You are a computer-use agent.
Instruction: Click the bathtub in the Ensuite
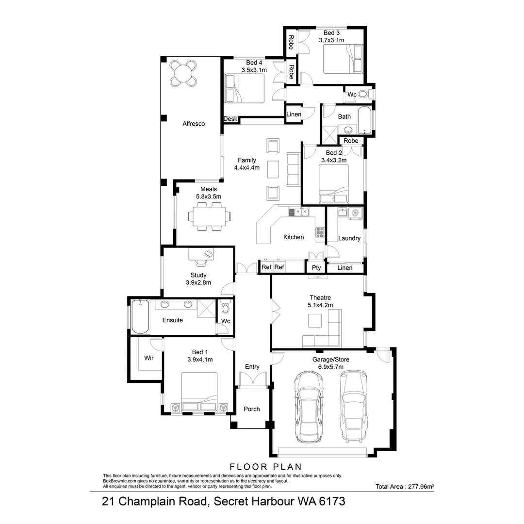coord(140,317)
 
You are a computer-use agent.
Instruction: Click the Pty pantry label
coord(316,267)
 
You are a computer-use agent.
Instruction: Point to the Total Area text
coord(405,486)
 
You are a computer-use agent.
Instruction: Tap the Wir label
coord(149,358)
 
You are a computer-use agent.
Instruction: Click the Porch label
coord(251,409)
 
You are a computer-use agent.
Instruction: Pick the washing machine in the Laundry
coord(356,213)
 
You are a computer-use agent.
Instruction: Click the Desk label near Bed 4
coord(230,119)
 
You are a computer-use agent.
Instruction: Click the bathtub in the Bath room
coord(364,120)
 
